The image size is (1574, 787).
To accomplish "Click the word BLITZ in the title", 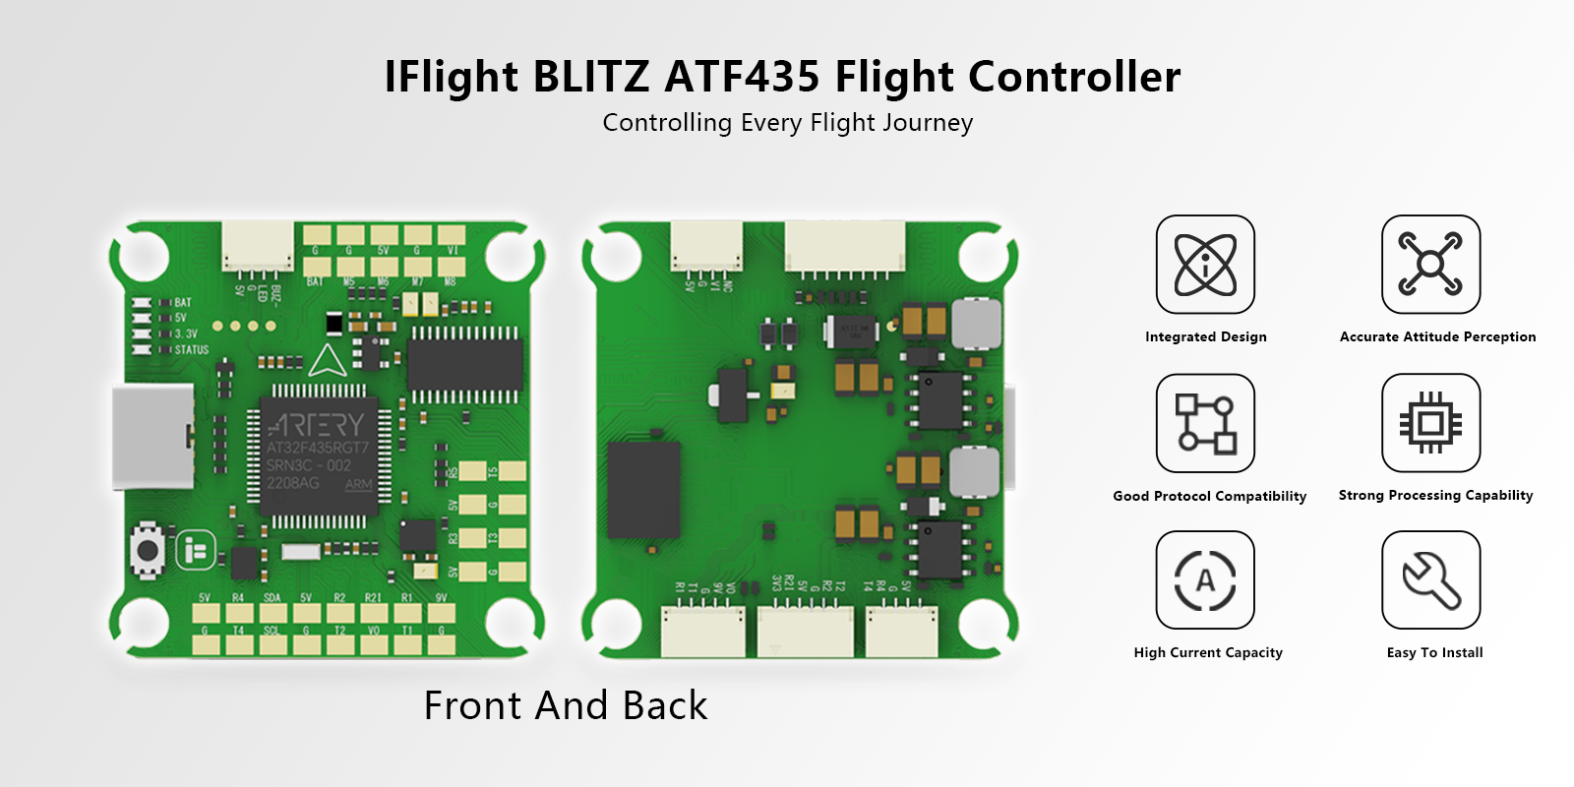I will pyautogui.click(x=590, y=77).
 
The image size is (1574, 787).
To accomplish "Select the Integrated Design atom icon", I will pyautogui.click(x=1205, y=265).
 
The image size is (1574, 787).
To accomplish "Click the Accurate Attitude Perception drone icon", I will pyautogui.click(x=1430, y=265).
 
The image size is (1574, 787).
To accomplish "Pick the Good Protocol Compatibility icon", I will pyautogui.click(x=1205, y=423).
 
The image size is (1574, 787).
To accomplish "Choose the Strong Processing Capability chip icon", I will pyautogui.click(x=1430, y=423).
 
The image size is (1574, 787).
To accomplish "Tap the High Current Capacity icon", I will pyautogui.click(x=1205, y=580).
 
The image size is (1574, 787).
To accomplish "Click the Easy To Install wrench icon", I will pyautogui.click(x=1430, y=580).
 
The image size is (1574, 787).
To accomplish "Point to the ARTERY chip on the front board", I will pyautogui.click(x=318, y=454).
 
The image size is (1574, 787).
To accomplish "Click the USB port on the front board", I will pyautogui.click(x=152, y=436).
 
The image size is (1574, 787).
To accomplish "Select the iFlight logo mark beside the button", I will pyautogui.click(x=195, y=550).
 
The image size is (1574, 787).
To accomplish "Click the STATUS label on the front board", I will pyautogui.click(x=192, y=349).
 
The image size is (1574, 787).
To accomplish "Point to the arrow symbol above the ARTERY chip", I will pyautogui.click(x=328, y=361).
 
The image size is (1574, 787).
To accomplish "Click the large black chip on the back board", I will pyautogui.click(x=644, y=490).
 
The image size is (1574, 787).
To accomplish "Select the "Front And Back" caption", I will pyautogui.click(x=566, y=705).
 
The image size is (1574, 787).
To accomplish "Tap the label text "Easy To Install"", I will pyautogui.click(x=1434, y=652).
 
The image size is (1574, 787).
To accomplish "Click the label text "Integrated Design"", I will pyautogui.click(x=1205, y=336).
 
